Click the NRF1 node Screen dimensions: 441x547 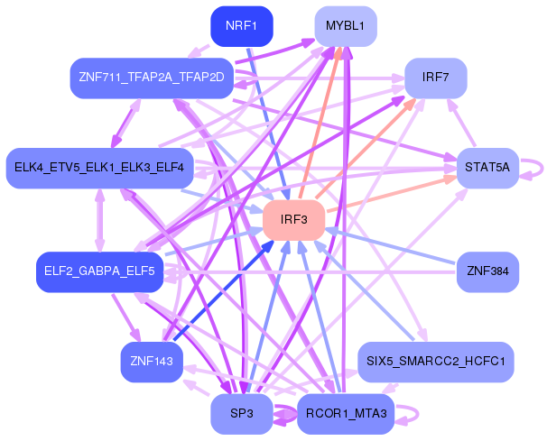click(x=241, y=25)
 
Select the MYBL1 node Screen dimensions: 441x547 click(x=345, y=25)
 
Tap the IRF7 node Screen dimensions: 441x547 click(x=435, y=78)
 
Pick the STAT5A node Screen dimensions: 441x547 click(x=487, y=168)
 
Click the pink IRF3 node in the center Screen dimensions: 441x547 click(x=293, y=220)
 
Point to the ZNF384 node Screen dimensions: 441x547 click(x=487, y=271)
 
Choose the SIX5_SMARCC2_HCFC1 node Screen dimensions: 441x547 click(x=435, y=361)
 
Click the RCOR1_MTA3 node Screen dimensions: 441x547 click(x=345, y=414)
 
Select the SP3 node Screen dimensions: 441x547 click(x=241, y=414)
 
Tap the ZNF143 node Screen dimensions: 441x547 click(x=152, y=362)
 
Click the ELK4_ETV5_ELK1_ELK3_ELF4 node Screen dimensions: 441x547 click(x=99, y=168)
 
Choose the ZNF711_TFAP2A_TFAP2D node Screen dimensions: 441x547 click(x=152, y=78)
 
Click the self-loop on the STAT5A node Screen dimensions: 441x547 click(x=539, y=168)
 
